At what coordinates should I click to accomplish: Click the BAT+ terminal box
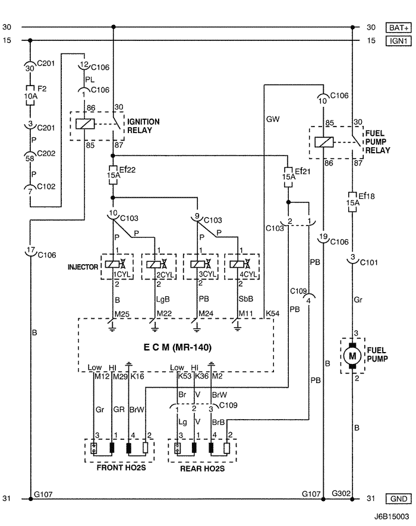pos(398,27)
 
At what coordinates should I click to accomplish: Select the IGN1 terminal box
pos(398,41)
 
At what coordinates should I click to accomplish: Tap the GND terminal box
pos(398,499)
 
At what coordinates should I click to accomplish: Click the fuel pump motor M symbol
pos(352,356)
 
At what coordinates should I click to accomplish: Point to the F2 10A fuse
pos(30,96)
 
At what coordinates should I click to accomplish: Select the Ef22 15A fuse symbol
pos(113,175)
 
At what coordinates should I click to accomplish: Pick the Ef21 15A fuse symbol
pos(288,177)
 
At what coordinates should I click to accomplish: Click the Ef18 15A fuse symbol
pos(352,202)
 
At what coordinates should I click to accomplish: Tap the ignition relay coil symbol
pos(85,124)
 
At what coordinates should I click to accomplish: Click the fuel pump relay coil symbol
pos(324,142)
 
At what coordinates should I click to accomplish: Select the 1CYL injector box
pos(117,267)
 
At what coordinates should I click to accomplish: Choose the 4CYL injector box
pos(242,267)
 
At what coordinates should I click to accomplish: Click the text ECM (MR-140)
pos(178,347)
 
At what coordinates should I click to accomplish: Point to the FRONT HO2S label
pos(121,467)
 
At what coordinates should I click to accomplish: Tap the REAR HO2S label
pos(203,468)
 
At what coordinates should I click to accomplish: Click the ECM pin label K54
pos(272,313)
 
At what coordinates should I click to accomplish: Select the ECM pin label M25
pos(122,314)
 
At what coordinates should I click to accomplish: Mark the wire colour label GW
pos(273,119)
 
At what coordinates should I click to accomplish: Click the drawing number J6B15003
pos(392,517)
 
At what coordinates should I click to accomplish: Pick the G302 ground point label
pos(341,493)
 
